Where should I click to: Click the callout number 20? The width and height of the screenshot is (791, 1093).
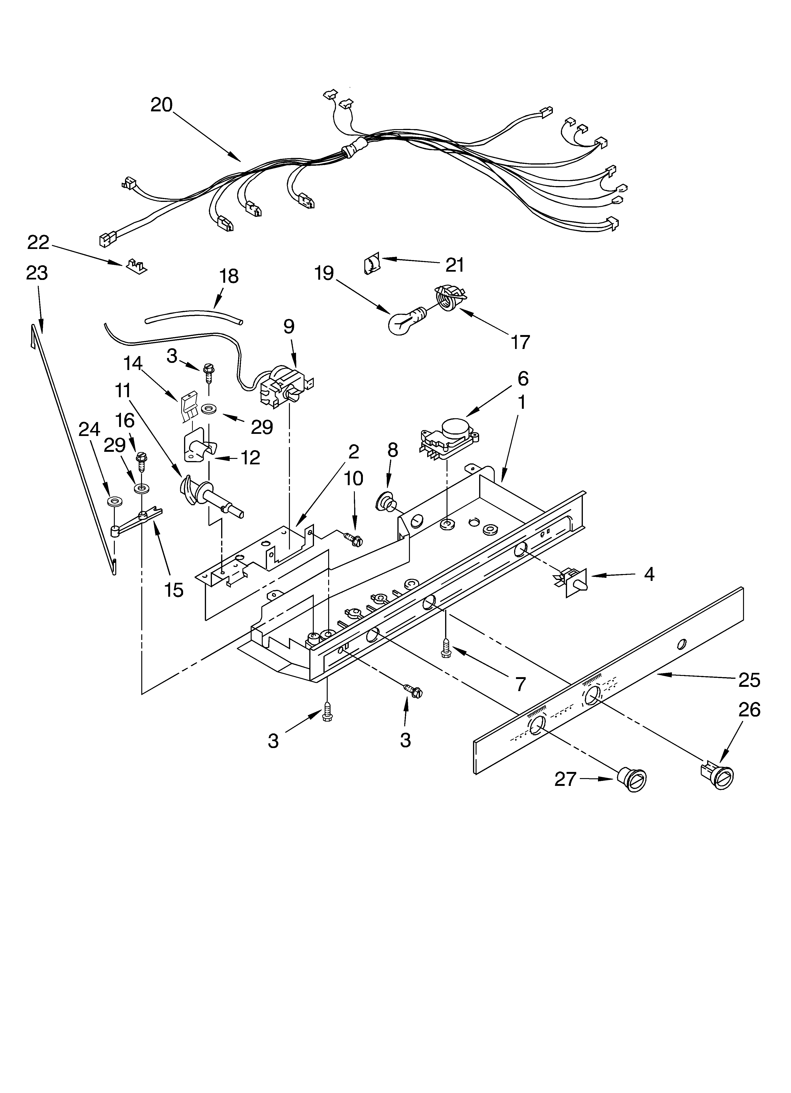[x=161, y=105]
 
